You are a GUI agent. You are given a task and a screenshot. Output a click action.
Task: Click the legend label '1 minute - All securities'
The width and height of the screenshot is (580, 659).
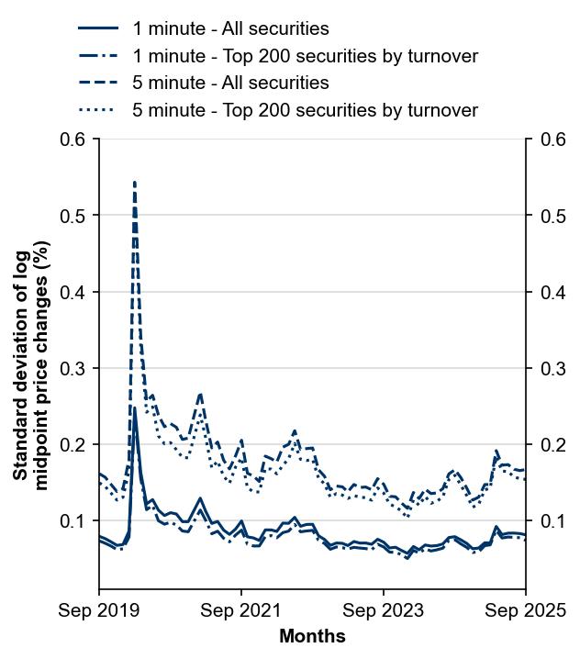tap(230, 29)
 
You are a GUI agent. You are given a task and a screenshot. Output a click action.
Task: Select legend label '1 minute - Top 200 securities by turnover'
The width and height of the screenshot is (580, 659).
tap(305, 56)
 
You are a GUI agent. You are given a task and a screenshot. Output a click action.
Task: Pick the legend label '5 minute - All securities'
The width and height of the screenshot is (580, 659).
tap(230, 83)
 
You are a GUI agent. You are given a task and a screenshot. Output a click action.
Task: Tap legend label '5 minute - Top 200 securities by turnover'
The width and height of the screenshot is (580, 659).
tap(305, 110)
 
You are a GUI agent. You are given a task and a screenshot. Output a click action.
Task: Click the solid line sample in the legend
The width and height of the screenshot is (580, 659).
tap(98, 29)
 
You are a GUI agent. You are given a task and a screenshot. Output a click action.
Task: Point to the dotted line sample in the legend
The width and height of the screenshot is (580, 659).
tap(98, 110)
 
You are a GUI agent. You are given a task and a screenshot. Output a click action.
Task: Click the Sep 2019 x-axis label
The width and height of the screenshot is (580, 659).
tap(99, 610)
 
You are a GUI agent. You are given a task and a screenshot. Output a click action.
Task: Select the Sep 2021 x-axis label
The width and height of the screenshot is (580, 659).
tap(241, 610)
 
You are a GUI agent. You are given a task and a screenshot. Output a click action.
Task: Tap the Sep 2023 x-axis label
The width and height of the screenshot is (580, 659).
tap(384, 610)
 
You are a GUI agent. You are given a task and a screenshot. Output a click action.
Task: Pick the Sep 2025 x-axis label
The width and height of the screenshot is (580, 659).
tap(525, 610)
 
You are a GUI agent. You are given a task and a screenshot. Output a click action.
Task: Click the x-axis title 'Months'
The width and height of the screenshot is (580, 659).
tap(312, 636)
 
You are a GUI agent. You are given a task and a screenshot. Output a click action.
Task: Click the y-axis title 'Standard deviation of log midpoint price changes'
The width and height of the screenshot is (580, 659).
tap(32, 363)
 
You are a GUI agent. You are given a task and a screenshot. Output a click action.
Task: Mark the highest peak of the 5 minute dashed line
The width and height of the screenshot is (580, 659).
tap(135, 183)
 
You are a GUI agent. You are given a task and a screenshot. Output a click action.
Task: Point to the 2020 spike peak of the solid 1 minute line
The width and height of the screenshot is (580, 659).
tap(135, 408)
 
